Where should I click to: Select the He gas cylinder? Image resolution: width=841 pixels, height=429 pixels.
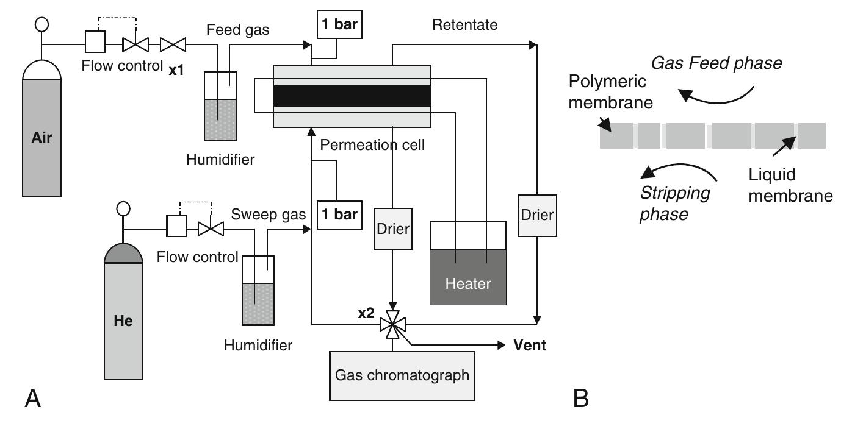(x=123, y=317)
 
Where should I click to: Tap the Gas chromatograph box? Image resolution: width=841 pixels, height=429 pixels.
(x=402, y=375)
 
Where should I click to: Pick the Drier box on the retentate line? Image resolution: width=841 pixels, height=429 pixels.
(x=536, y=215)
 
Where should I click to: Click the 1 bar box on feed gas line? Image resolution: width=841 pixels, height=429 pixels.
(x=337, y=26)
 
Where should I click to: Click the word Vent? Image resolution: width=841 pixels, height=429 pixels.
(x=530, y=346)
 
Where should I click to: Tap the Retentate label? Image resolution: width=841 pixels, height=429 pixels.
(x=464, y=25)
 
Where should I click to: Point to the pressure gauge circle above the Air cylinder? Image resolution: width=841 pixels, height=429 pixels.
(x=42, y=26)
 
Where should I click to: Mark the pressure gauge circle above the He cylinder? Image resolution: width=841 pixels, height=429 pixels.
(x=123, y=208)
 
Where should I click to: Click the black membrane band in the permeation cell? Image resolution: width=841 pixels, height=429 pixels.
(x=352, y=96)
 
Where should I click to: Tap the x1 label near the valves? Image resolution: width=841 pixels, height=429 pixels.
(x=176, y=70)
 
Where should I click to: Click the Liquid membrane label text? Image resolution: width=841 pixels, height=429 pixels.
(x=790, y=185)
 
